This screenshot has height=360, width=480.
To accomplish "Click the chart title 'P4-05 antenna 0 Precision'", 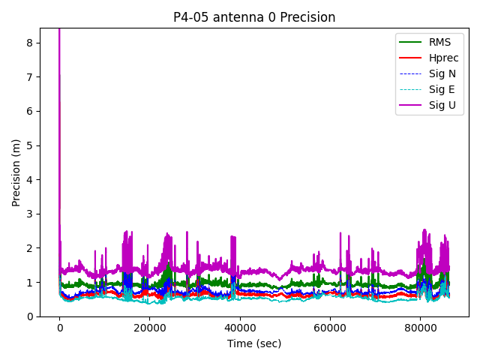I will [x=254, y=17].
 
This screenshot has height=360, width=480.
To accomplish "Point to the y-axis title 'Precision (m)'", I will [x=16, y=172].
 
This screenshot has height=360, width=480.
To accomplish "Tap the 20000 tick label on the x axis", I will [x=149, y=328].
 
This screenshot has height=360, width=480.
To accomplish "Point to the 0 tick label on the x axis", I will [x=59, y=328].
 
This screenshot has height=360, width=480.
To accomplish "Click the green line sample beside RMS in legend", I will [x=410, y=42].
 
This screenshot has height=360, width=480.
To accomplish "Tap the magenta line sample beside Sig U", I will [x=410, y=105].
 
